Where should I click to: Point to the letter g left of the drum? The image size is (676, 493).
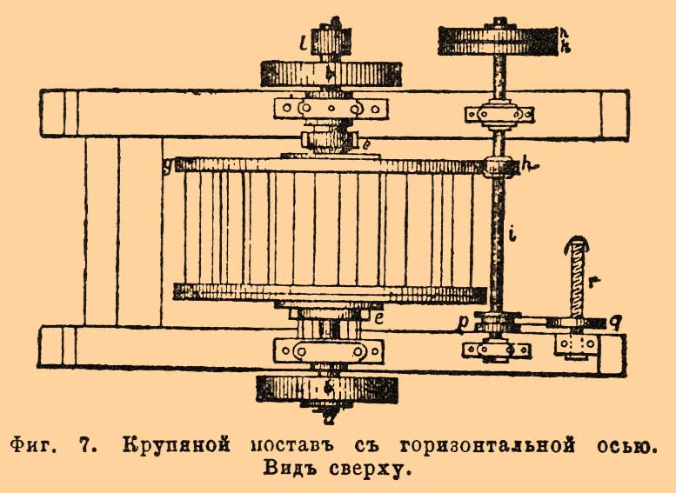[x=166, y=163]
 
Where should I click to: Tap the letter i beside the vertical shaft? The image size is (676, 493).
[x=513, y=234]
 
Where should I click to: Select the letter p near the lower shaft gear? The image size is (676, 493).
[x=468, y=321]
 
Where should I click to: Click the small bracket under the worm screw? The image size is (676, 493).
[x=575, y=344]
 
